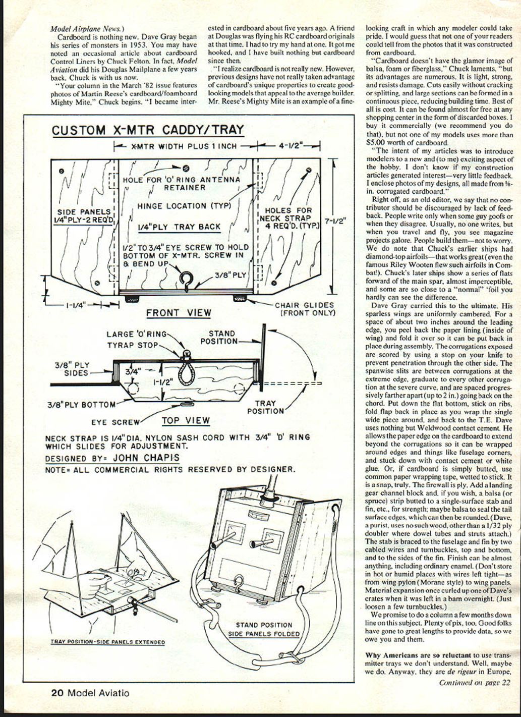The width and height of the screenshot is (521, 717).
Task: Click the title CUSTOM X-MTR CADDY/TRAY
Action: [148, 130]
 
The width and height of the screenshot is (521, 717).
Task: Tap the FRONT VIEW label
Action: [179, 313]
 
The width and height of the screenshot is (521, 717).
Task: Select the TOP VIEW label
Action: [186, 420]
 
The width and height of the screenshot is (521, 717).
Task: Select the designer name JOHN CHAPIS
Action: [146, 458]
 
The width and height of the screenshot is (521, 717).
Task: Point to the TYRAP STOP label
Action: [132, 345]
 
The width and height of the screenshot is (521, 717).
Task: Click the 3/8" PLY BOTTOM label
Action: [81, 404]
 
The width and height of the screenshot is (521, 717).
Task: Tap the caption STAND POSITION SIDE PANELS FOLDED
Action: [264, 629]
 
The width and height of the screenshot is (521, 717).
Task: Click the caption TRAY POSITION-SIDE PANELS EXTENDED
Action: [107, 642]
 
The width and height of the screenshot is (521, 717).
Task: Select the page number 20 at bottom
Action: [56, 693]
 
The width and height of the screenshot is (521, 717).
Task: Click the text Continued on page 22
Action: [475, 683]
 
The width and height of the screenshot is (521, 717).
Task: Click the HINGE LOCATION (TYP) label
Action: [184, 206]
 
